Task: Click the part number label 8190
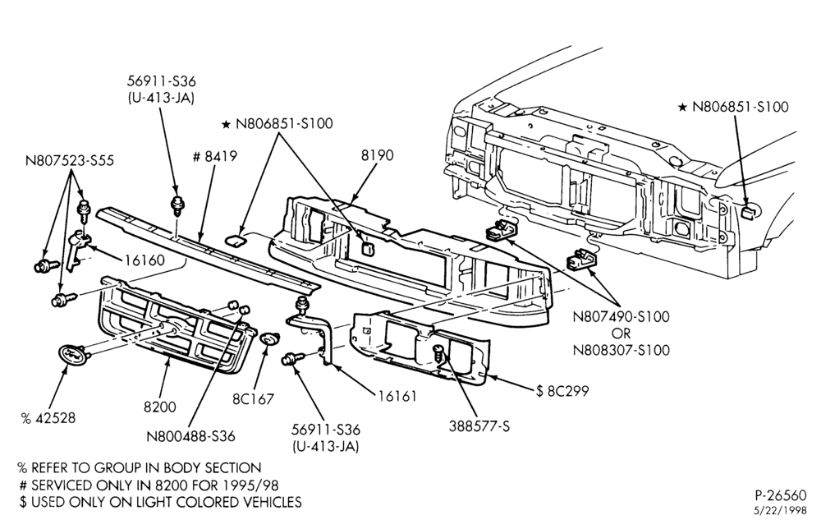(377, 155)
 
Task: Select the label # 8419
(215, 156)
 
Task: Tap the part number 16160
(144, 260)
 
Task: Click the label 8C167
(254, 399)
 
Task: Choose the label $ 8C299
(562, 391)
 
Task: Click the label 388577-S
(479, 426)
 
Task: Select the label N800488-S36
(190, 436)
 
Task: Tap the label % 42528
(48, 418)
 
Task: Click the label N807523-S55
(70, 160)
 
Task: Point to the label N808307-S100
(621, 349)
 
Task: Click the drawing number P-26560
(781, 495)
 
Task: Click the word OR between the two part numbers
(621, 333)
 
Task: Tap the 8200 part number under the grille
(160, 407)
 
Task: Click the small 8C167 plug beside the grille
(269, 339)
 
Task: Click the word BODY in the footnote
(184, 467)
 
